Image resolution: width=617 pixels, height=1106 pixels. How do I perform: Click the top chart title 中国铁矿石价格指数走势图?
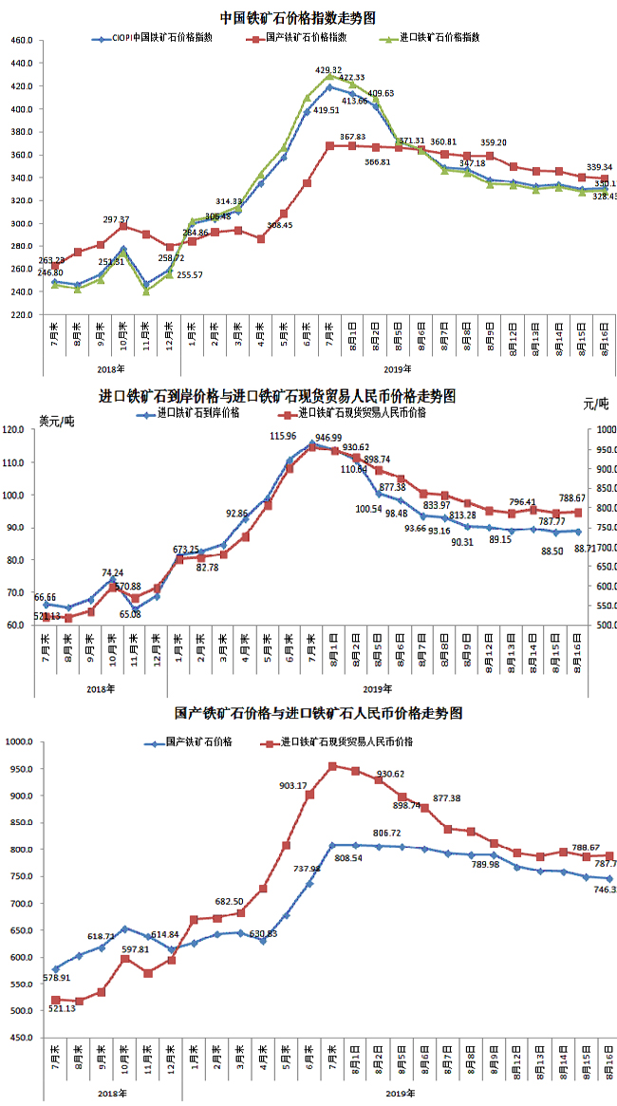(297, 17)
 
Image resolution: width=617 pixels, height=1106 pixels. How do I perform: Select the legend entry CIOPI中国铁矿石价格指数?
(161, 38)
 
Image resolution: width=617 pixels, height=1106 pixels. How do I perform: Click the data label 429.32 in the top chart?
(328, 70)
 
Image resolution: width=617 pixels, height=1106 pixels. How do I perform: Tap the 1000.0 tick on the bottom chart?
(20, 742)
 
